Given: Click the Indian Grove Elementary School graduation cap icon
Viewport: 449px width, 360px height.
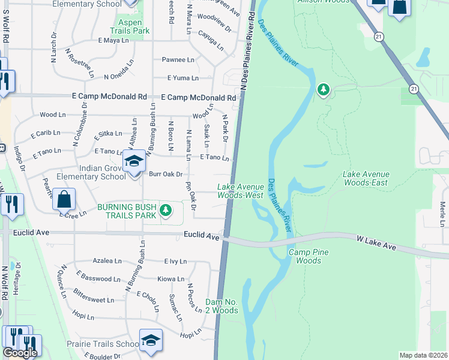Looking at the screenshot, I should point(134,161).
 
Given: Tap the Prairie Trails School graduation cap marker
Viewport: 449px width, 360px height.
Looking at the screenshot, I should point(151,340).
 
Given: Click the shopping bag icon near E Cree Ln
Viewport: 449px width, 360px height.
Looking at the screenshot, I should point(64,198).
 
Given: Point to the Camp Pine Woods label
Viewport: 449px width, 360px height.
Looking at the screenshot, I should point(309,257).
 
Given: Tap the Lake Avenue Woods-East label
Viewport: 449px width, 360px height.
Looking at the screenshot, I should point(366,178).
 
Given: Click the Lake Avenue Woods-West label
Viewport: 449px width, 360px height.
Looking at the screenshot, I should point(240,191).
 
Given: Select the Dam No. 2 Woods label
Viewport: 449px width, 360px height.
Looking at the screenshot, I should point(221,306).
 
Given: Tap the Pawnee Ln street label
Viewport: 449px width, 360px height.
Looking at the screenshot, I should point(178,60).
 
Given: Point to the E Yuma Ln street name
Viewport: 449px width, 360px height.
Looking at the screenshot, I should point(182,78).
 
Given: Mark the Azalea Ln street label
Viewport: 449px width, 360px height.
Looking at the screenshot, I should point(107,261).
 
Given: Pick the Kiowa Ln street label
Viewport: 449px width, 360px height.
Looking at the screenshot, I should point(170,279).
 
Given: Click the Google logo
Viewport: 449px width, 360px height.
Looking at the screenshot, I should point(20,353).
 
